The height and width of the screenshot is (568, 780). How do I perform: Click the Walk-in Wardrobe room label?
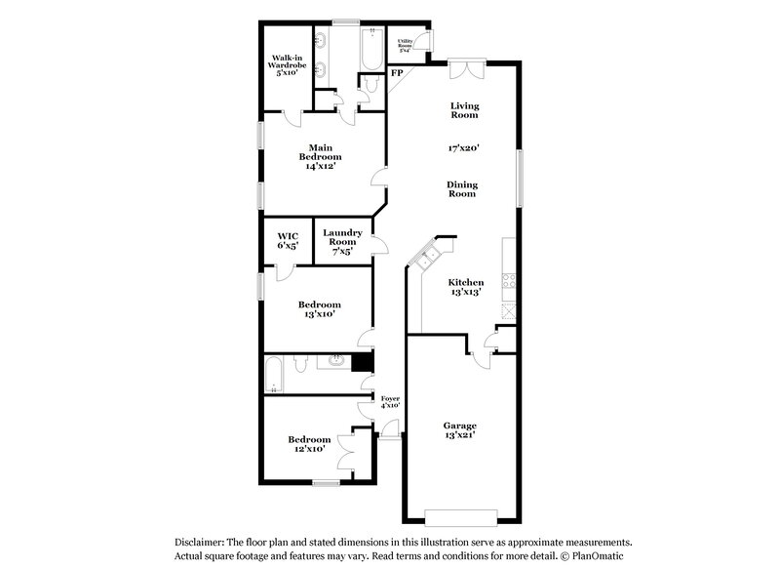288,64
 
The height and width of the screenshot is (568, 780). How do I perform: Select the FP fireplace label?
397,73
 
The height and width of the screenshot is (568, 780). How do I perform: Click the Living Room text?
463,110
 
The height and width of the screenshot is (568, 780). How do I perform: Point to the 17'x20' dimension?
463,149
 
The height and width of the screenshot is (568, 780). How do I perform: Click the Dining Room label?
462,189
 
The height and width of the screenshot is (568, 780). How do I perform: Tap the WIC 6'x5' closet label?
287,241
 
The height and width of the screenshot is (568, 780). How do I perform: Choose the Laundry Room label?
343,241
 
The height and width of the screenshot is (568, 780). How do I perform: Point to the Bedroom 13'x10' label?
321,309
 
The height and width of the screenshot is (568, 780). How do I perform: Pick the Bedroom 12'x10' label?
307,444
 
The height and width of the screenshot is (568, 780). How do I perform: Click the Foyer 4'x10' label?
390,401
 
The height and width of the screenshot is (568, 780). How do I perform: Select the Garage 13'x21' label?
460,431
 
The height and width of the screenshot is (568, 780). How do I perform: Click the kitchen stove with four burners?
508,278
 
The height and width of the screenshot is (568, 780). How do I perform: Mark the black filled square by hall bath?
362,362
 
